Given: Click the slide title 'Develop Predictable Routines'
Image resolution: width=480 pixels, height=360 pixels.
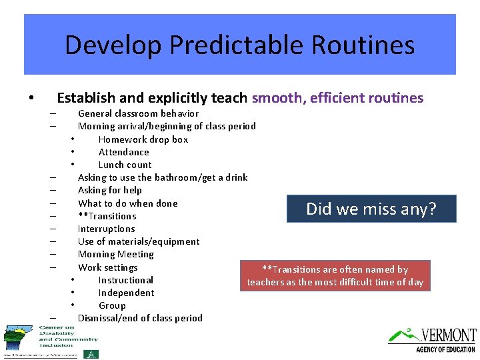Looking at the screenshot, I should click(240, 45).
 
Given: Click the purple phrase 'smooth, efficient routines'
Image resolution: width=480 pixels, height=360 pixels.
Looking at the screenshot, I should click(337, 98).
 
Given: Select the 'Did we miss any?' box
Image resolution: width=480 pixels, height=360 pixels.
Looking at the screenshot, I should click(371, 209).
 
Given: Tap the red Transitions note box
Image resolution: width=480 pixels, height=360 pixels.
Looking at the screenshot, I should click(335, 276).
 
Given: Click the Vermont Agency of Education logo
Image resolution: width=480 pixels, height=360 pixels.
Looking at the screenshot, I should click(433, 339).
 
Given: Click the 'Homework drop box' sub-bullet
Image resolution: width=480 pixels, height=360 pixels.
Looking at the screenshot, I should click(143, 139).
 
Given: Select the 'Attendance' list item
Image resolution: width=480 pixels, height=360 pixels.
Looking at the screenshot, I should click(123, 152).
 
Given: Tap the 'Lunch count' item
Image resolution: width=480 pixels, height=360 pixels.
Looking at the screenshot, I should click(125, 165).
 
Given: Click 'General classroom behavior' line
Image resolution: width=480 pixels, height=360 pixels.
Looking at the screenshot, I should click(138, 113).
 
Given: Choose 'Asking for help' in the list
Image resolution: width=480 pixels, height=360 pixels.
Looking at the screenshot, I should click(109, 190).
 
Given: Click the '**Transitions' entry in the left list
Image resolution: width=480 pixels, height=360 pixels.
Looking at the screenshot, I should click(107, 216).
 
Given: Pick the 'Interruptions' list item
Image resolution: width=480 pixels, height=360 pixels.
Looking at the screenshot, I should click(106, 229).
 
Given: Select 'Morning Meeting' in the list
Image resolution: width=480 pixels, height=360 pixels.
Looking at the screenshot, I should click(115, 254).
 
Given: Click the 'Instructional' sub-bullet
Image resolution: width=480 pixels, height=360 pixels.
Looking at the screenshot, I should click(125, 280).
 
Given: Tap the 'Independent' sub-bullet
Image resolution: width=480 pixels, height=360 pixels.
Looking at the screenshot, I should click(126, 293).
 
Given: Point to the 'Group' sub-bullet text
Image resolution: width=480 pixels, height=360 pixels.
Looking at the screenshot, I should click(112, 305).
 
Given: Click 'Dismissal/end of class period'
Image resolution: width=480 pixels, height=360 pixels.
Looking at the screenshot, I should click(140, 318).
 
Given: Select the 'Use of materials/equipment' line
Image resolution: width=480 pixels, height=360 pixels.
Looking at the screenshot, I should click(139, 241).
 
